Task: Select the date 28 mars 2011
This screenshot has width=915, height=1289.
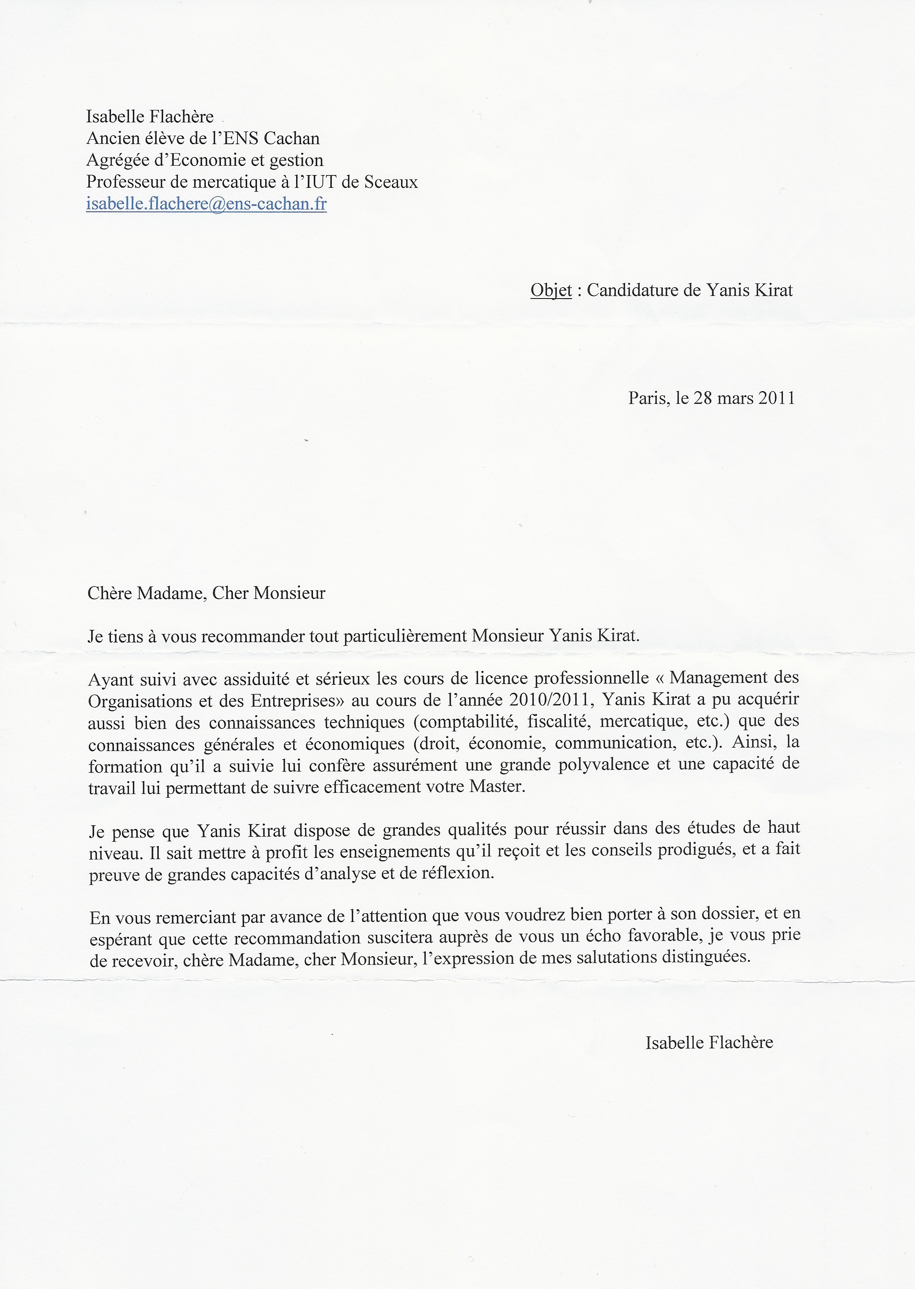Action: tap(744, 398)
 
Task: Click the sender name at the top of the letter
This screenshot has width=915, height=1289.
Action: tap(150, 117)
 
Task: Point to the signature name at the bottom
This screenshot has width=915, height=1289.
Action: tap(709, 1043)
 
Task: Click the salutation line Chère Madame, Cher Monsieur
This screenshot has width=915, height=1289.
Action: tap(206, 593)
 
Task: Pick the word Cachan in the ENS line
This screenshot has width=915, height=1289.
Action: tap(292, 139)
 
